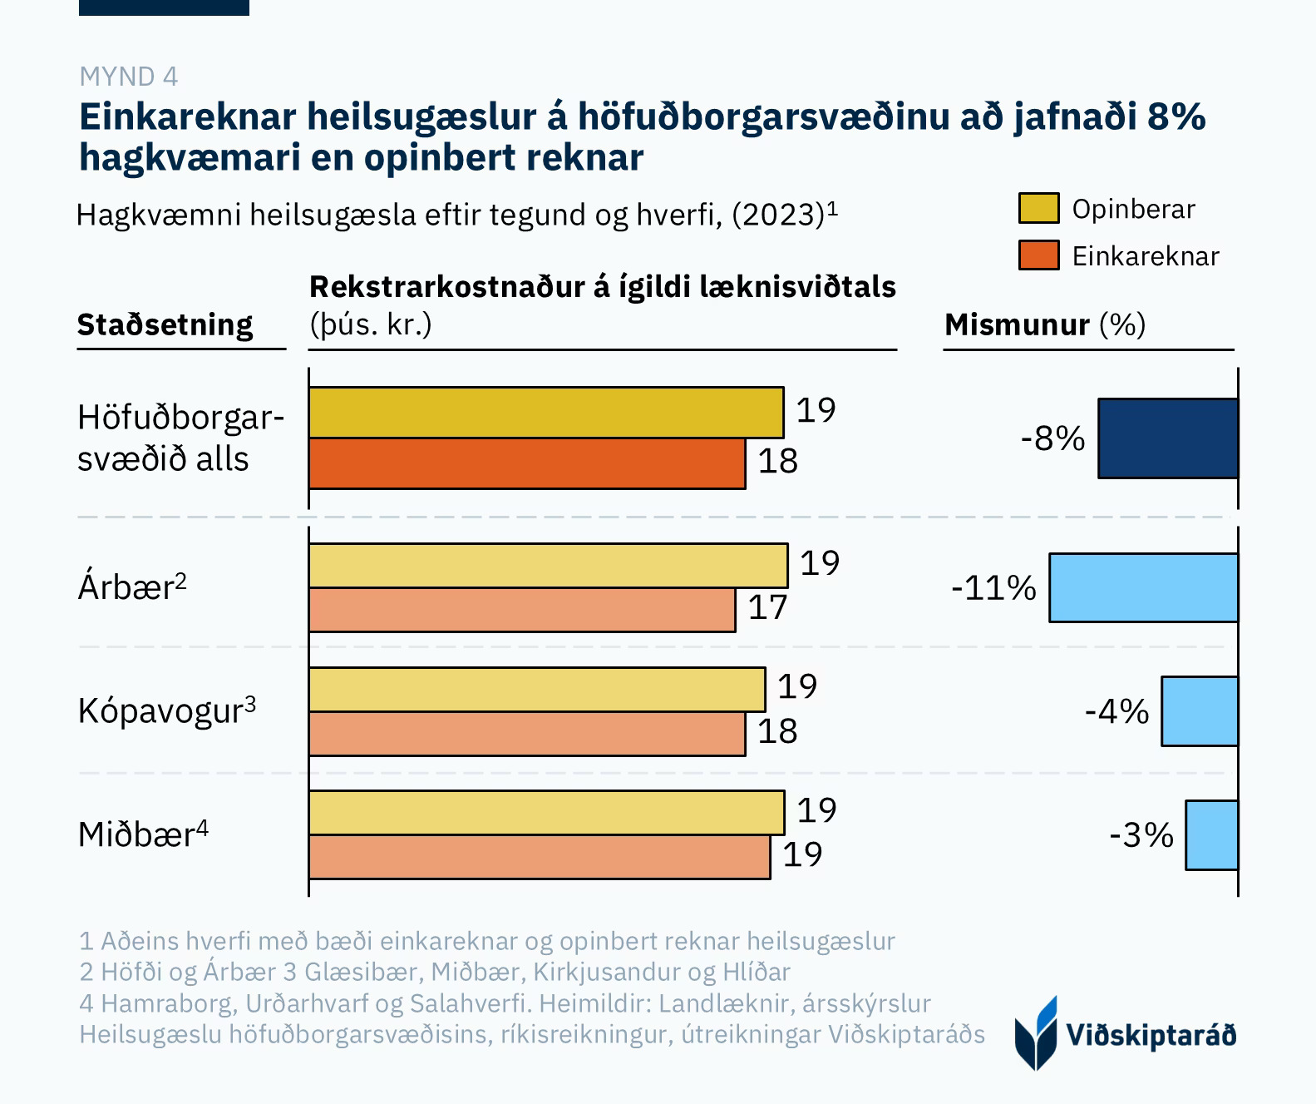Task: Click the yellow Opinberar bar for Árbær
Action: [548, 566]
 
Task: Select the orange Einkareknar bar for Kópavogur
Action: [526, 734]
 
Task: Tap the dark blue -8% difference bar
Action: [1167, 438]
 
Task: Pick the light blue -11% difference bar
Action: [1143, 587]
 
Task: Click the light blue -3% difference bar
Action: [1211, 835]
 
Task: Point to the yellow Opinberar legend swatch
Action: [1038, 208]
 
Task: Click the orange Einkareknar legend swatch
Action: [1038, 255]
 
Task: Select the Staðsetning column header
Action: [165, 324]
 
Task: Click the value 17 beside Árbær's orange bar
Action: [767, 608]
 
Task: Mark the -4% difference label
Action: [1116, 711]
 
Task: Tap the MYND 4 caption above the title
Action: [128, 77]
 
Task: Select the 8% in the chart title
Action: [1176, 117]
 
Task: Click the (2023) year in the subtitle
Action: [777, 215]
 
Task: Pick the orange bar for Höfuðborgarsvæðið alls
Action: [526, 463]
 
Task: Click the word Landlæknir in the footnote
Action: [723, 1003]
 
